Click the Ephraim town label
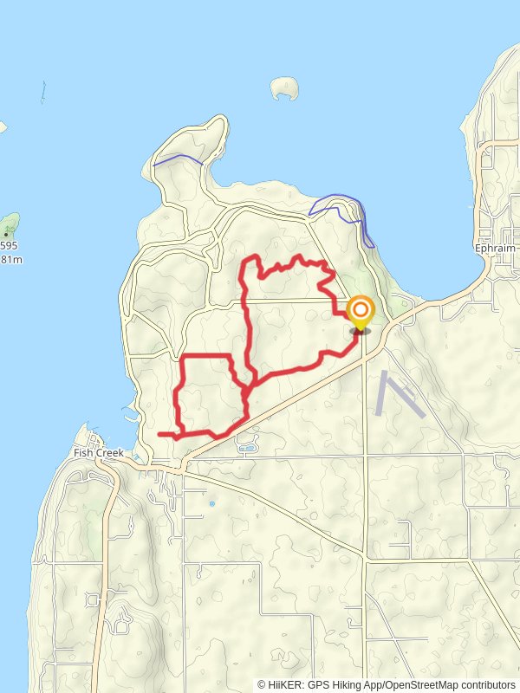495,248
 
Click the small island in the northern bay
283,87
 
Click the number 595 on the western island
9,245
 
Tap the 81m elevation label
10,259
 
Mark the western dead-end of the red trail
159,433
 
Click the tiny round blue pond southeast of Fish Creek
211,502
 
